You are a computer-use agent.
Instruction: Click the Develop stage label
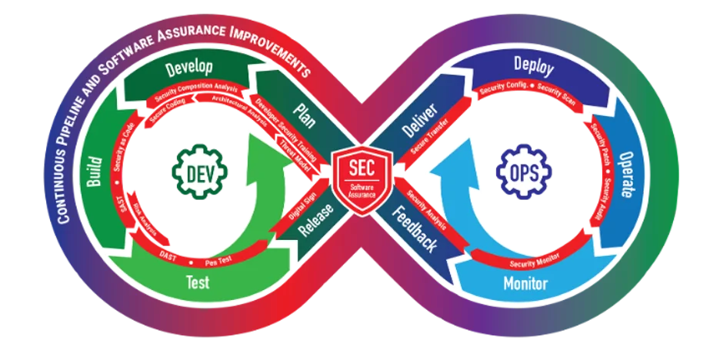coord(189,68)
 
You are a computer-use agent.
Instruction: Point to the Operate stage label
coord(628,174)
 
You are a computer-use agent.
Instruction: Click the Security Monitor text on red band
coord(535,260)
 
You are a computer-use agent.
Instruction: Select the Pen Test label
coord(219,262)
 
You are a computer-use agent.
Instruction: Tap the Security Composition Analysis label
coord(196,92)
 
